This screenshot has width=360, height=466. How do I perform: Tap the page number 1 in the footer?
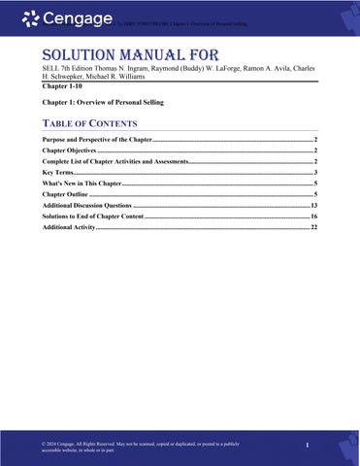pyautogui.click(x=306, y=446)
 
